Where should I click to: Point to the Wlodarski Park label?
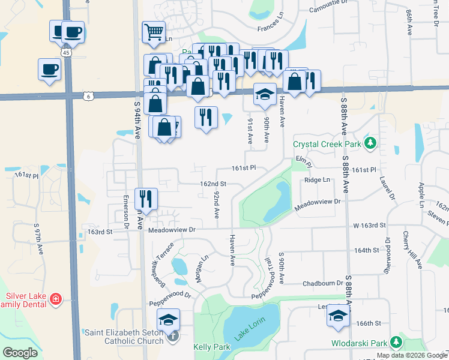tap(359, 344)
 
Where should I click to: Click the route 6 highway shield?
tap(88, 95)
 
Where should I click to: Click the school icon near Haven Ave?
tap(264, 94)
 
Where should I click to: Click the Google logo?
tap(20, 353)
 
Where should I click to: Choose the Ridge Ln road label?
tap(318, 180)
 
